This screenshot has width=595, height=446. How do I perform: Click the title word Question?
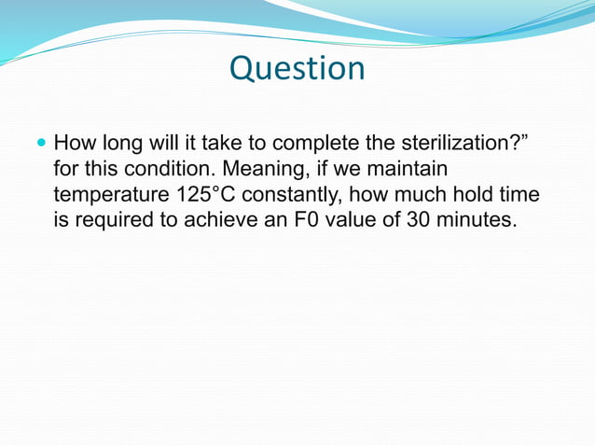coord(297,68)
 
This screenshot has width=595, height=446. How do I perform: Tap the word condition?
coord(157,171)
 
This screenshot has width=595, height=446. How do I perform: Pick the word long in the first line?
coord(124,145)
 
